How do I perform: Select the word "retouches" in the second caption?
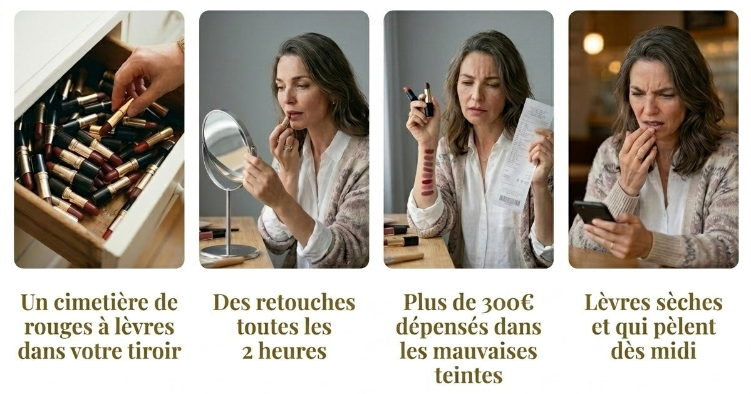(306, 303)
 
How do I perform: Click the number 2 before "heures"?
(247, 352)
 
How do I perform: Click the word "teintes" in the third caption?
(469, 375)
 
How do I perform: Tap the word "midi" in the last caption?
(675, 351)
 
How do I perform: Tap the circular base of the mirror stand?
(229, 251)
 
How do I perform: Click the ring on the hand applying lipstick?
(288, 147)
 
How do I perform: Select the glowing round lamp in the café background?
(593, 44)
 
